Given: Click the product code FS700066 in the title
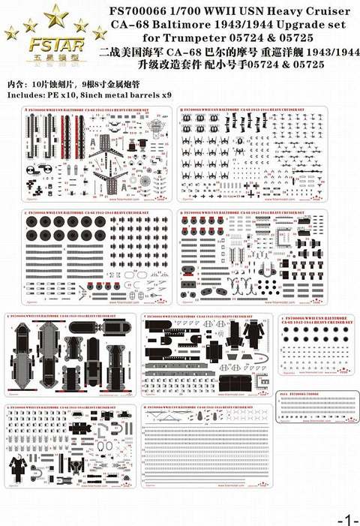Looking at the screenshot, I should (142, 11).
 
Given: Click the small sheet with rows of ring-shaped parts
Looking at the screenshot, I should (315, 350).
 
